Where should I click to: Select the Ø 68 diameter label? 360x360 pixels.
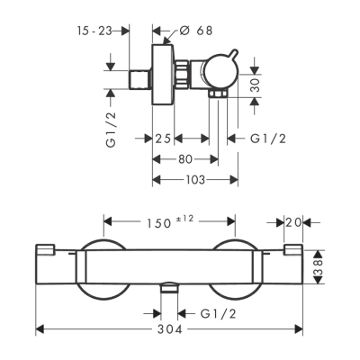[195, 29]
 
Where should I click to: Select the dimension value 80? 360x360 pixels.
[185, 158]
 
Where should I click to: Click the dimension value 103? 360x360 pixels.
[194, 179]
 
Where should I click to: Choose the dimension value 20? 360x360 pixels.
[293, 221]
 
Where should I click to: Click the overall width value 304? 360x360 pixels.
[169, 330]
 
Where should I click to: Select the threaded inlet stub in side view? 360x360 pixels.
[143, 75]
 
